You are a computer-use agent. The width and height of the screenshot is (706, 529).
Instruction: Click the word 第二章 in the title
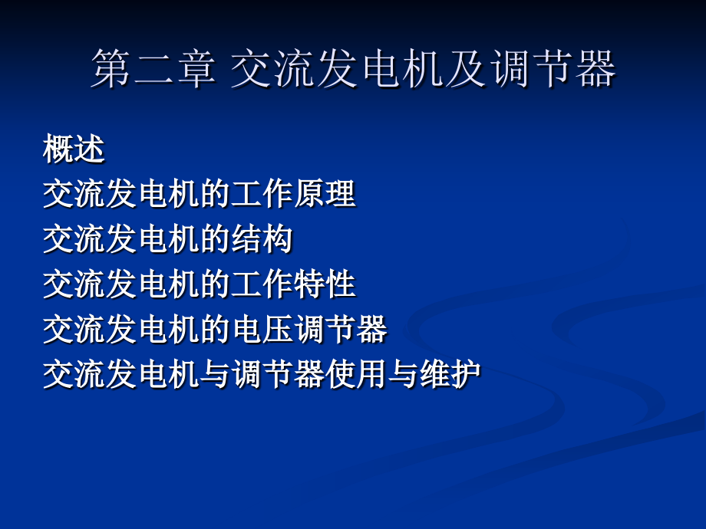tap(154, 68)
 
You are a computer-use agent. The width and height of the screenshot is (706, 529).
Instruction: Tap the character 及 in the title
tap(467, 68)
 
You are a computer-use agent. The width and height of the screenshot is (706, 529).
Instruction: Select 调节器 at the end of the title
tap(553, 68)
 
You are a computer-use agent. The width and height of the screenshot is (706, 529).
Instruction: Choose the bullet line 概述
tap(74, 149)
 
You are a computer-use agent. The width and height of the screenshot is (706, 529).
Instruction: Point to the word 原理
tap(325, 194)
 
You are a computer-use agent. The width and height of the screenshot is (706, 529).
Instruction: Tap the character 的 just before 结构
tap(215, 239)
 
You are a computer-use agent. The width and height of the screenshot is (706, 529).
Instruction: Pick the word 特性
tap(325, 284)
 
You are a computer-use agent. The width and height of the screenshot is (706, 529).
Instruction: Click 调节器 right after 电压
tap(341, 329)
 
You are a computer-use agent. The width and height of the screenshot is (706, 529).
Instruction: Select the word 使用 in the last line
tap(356, 374)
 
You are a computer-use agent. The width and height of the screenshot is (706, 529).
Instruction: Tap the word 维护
tap(450, 374)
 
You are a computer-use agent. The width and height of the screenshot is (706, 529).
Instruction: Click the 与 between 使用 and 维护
tap(403, 374)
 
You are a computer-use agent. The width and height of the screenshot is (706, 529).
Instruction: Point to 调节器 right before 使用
tap(278, 374)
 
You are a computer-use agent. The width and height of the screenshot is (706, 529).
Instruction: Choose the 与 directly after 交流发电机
tap(215, 374)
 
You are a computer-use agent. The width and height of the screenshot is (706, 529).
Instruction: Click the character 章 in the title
tap(196, 68)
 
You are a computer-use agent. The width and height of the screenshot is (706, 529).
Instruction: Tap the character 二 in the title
tap(154, 68)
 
